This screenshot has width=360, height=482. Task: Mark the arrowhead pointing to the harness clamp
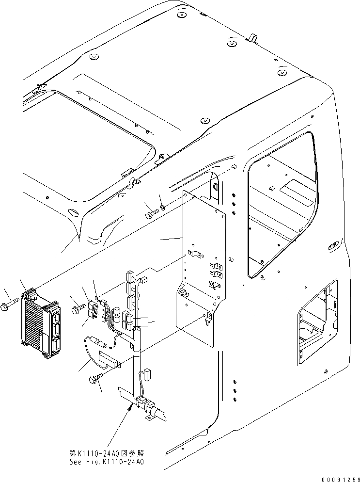click(130, 409)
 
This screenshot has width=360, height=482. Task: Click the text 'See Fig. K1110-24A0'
click(107, 462)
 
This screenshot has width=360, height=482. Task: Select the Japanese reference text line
click(107, 453)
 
